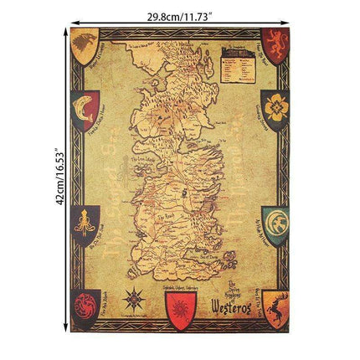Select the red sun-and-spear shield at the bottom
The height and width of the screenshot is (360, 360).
(182, 314)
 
